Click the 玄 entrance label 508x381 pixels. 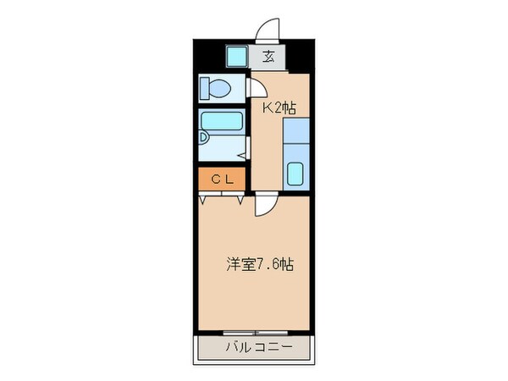[268, 58]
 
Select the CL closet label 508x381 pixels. [222, 179]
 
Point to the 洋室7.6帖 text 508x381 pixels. [260, 264]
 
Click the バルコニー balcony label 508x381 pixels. [259, 347]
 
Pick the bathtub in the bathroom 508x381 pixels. [223, 125]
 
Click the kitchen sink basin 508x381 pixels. [295, 174]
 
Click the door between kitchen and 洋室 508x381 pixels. [265, 202]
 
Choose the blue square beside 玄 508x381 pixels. [236, 58]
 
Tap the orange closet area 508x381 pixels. [222, 179]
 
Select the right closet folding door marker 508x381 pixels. [240, 199]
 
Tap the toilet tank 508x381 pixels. [206, 88]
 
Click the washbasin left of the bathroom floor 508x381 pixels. [207, 137]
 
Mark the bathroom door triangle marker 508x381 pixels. [242, 154]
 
